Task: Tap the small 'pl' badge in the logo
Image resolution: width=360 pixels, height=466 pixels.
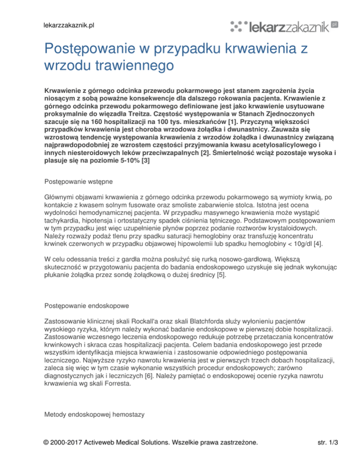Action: pyautogui.click(x=334, y=23)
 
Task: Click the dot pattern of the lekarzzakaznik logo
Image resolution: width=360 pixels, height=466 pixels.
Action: pyautogui.click(x=241, y=27)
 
